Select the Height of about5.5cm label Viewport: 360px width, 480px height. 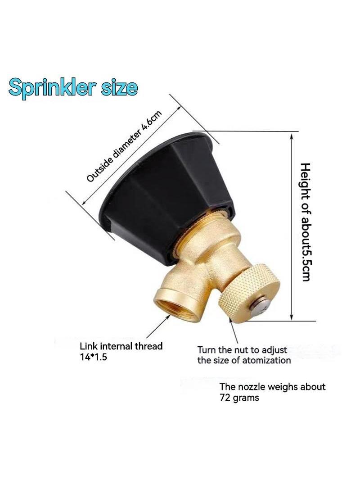coord(305,222)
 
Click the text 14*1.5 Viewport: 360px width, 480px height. coord(93,357)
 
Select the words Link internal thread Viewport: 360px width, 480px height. coord(121,346)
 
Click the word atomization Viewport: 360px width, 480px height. coord(265,360)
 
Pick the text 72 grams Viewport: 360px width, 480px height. coord(239,398)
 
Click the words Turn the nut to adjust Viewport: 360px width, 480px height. coord(242,349)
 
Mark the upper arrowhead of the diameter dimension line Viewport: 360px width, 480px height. coord(179,109)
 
